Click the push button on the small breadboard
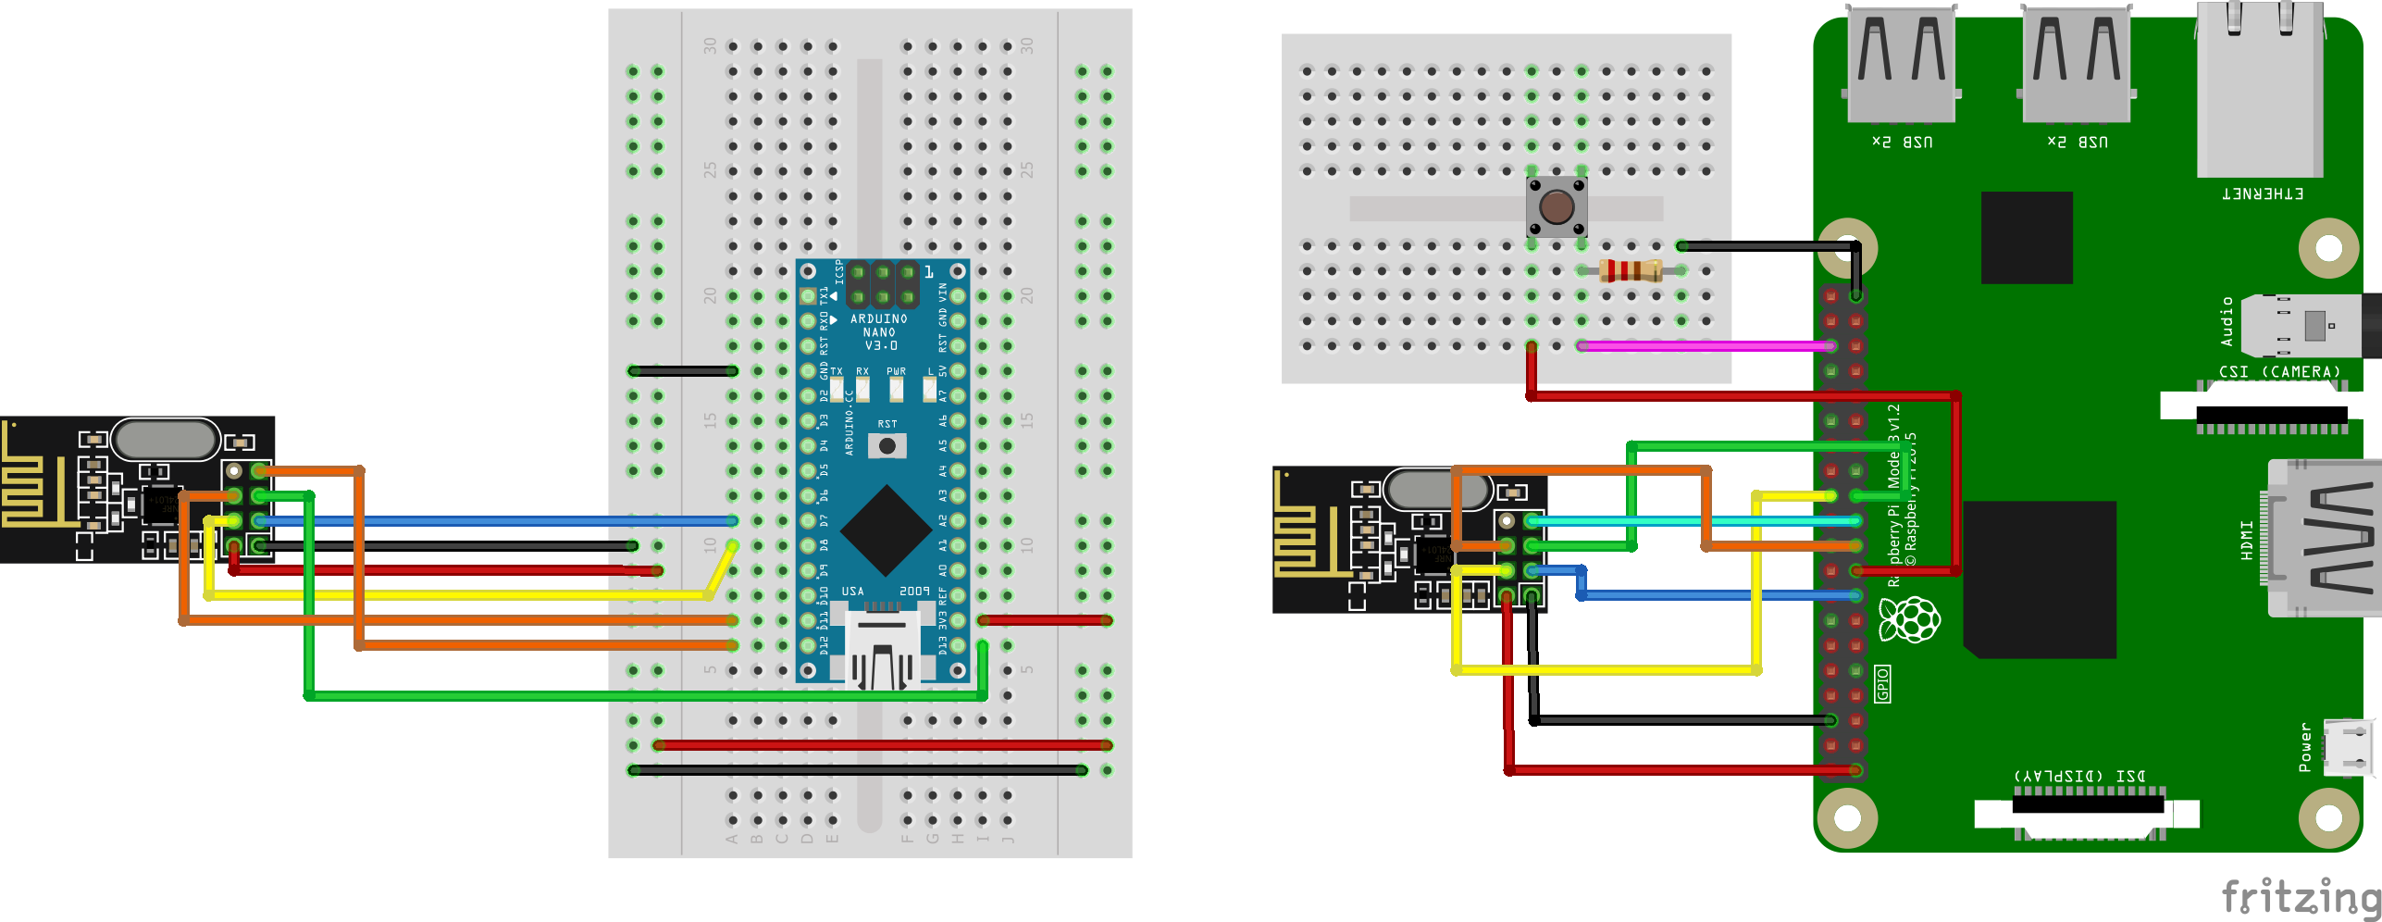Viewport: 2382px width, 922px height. (1557, 207)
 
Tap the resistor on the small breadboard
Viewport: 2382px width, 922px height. (1631, 270)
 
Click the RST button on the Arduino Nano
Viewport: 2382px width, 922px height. (887, 446)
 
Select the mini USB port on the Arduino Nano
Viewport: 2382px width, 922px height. (881, 648)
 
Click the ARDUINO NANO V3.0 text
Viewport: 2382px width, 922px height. (878, 331)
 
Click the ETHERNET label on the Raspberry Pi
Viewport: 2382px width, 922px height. (2262, 193)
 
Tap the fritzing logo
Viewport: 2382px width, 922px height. (2300, 896)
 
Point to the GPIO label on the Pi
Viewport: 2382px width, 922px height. (1882, 683)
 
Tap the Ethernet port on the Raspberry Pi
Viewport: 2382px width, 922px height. (2259, 88)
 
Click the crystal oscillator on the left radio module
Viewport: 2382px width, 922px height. (166, 439)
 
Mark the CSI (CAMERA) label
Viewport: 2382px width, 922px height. (2278, 371)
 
